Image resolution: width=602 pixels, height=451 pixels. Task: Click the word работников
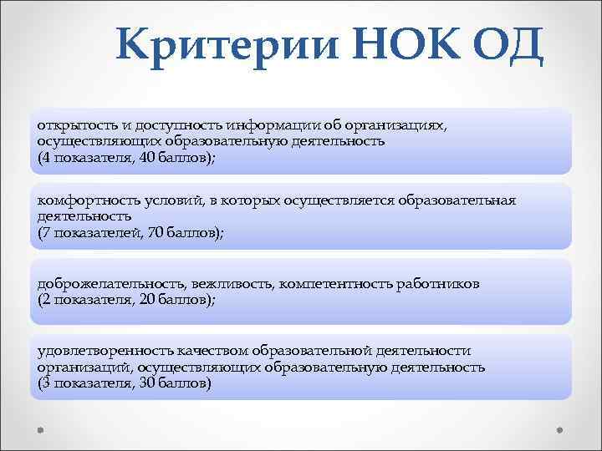click(x=437, y=284)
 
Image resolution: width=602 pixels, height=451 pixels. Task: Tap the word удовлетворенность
click(x=93, y=351)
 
